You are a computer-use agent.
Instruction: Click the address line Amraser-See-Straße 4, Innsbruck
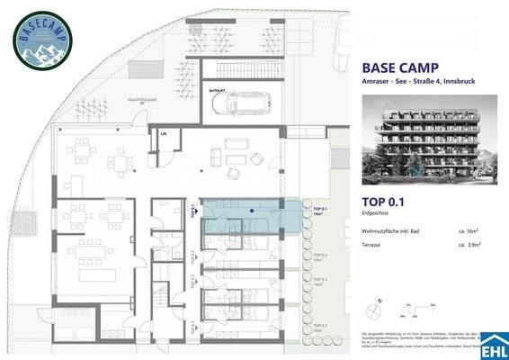coord(417,84)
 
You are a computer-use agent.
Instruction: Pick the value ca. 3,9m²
coord(470,244)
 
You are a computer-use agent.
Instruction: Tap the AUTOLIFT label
coord(216,91)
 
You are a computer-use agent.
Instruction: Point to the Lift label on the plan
coord(163,133)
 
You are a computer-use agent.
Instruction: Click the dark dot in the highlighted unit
coord(252,210)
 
